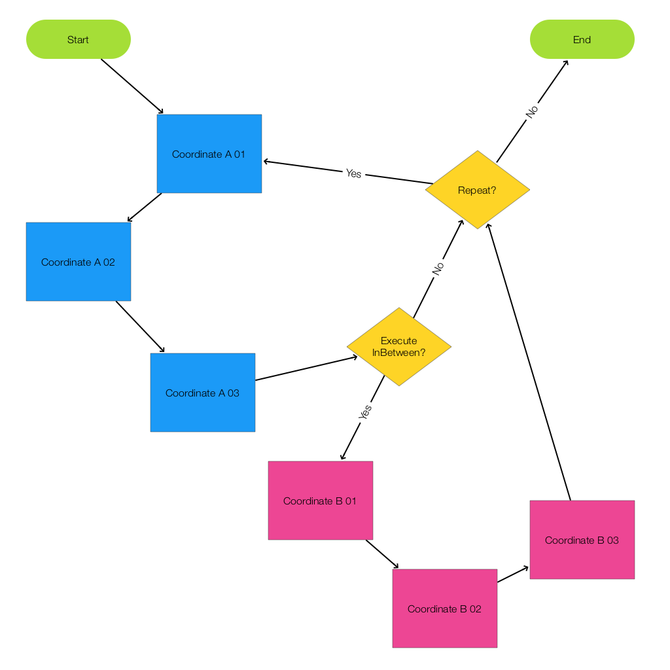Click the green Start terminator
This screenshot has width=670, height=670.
point(79,39)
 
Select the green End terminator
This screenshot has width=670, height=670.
point(582,39)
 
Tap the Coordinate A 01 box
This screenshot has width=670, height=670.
point(209,154)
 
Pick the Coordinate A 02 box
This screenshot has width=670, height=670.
point(79,262)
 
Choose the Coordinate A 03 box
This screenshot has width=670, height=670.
point(203,393)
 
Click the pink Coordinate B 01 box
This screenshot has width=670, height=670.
point(321,501)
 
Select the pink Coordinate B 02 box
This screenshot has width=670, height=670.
point(445,608)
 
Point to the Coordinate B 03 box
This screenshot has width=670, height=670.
point(582,540)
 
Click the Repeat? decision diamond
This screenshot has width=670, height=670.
point(477,190)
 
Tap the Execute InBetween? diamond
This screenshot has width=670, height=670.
point(399,347)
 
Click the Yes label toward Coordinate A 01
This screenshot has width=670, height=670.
point(353,173)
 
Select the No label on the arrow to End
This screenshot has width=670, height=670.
point(532,112)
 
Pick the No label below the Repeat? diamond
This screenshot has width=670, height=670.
point(438,268)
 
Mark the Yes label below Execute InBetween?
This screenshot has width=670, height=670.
point(365,412)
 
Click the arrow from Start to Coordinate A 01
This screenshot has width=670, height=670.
point(132,86)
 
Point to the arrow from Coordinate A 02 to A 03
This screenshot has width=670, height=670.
point(140,327)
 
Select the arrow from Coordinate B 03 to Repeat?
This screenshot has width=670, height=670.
point(529,361)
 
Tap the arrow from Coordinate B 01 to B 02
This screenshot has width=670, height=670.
point(382,554)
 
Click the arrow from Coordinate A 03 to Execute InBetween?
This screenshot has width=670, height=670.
point(306,368)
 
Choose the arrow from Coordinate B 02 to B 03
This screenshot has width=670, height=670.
point(513,574)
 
